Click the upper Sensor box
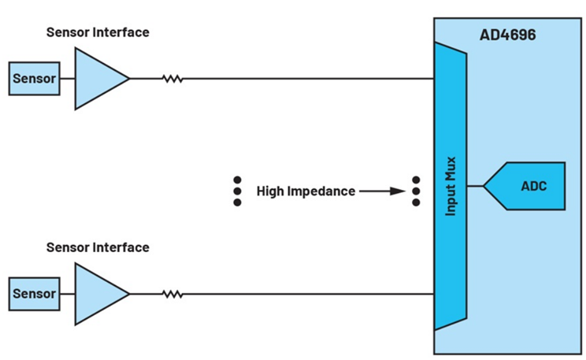(x=34, y=79)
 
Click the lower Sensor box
(x=34, y=294)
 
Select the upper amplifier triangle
(x=98, y=79)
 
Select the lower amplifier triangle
(x=98, y=294)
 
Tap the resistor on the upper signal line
(x=172, y=79)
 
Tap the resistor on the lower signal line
(x=172, y=294)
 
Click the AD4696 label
(x=510, y=35)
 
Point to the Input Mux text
(x=451, y=186)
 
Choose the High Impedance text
(x=306, y=191)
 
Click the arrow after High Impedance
(x=382, y=191)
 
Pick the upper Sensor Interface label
(x=98, y=32)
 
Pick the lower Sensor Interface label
(x=98, y=247)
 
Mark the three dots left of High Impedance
(x=237, y=191)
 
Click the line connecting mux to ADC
(x=475, y=187)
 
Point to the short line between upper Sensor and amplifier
(x=67, y=79)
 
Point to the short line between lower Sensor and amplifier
(x=67, y=294)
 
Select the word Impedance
(x=324, y=191)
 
